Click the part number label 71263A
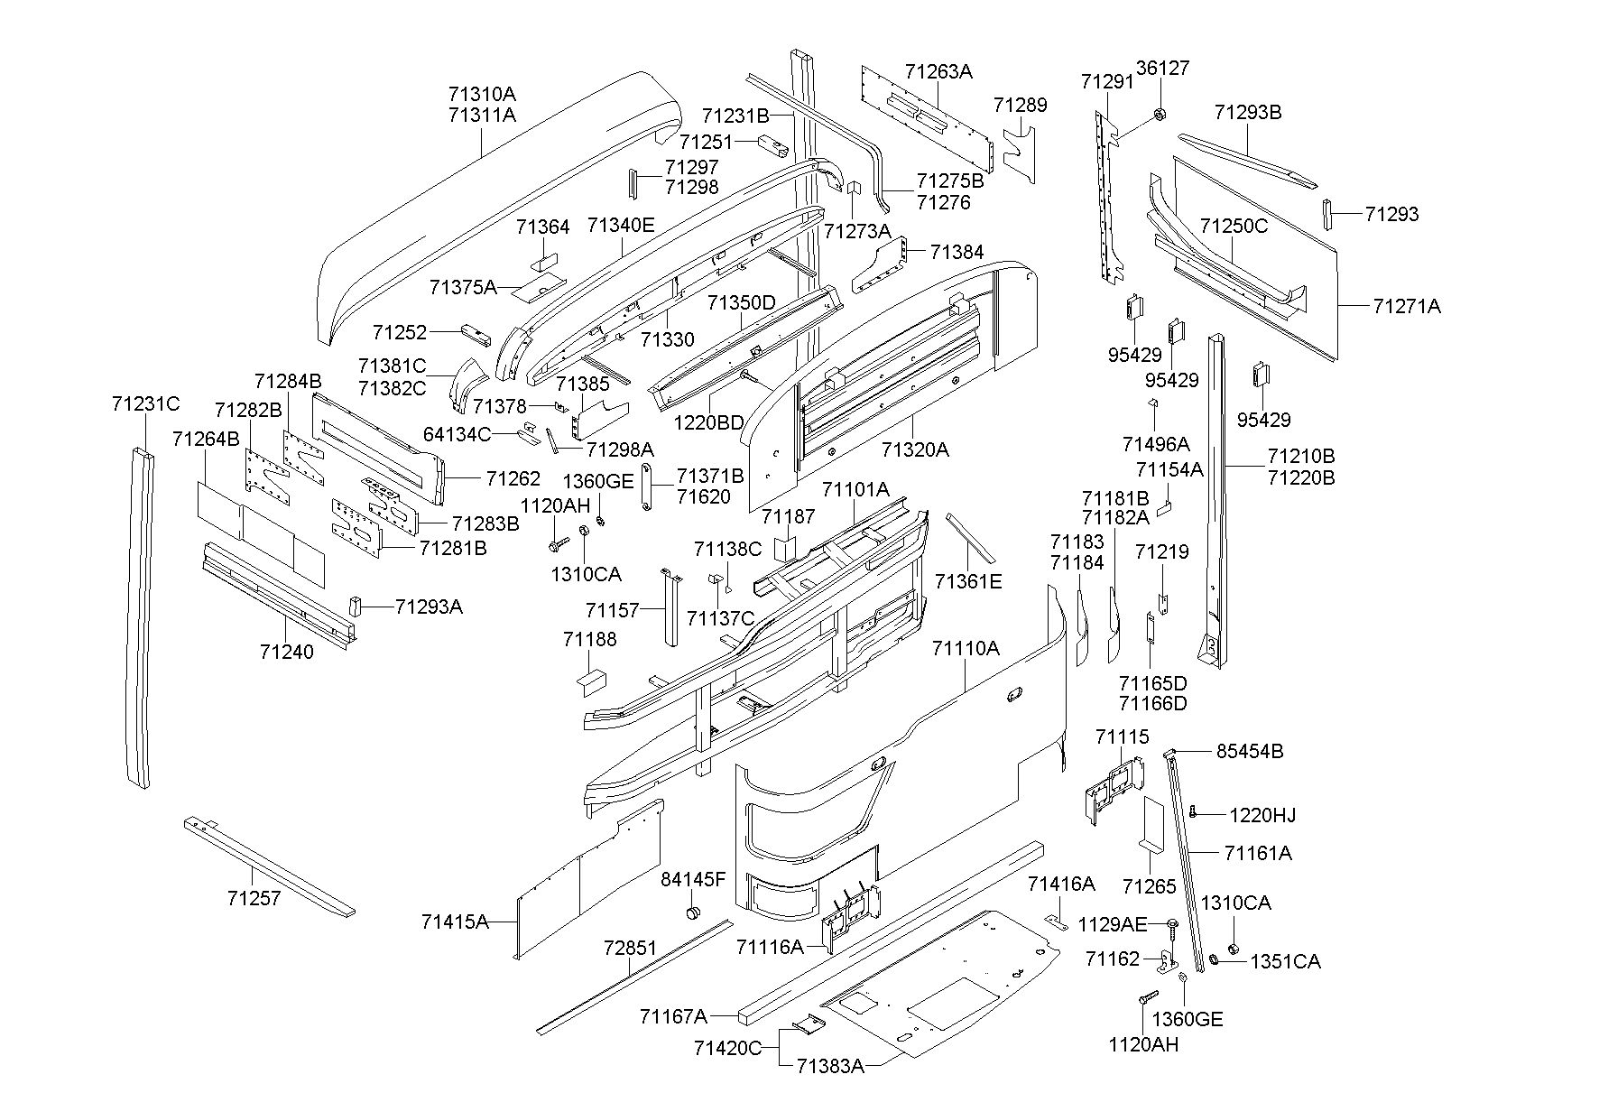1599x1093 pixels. click(x=938, y=71)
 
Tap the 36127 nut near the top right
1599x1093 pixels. click(x=1160, y=114)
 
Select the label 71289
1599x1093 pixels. click(x=1020, y=105)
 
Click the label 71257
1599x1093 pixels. click(x=254, y=898)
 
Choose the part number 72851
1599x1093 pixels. click(x=631, y=949)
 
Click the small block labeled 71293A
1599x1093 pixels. click(x=356, y=605)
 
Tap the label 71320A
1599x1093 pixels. click(x=915, y=449)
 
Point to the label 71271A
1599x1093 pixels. click(x=1407, y=306)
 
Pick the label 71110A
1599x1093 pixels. click(x=966, y=648)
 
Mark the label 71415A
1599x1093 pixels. click(x=455, y=922)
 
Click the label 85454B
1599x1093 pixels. click(x=1250, y=751)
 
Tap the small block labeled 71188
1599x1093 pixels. click(x=591, y=680)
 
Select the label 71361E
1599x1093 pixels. click(x=968, y=581)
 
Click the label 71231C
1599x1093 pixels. click(x=146, y=403)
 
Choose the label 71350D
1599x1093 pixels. click(x=741, y=302)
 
